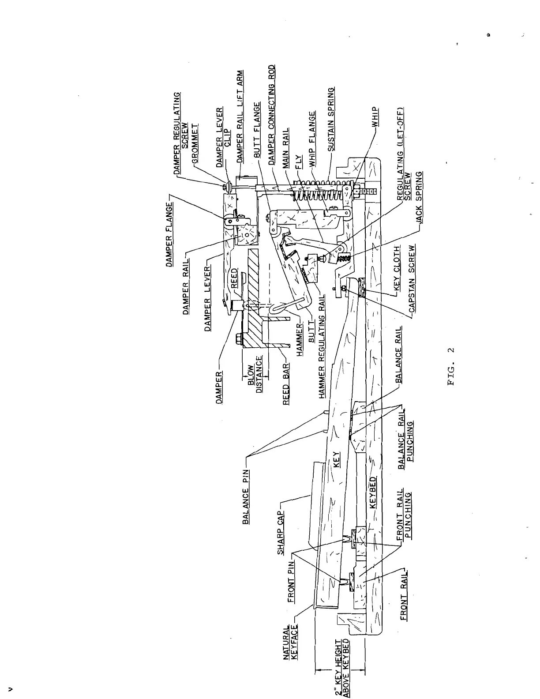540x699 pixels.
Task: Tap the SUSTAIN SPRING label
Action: pos(331,120)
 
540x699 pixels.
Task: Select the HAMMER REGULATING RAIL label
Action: pos(322,346)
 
